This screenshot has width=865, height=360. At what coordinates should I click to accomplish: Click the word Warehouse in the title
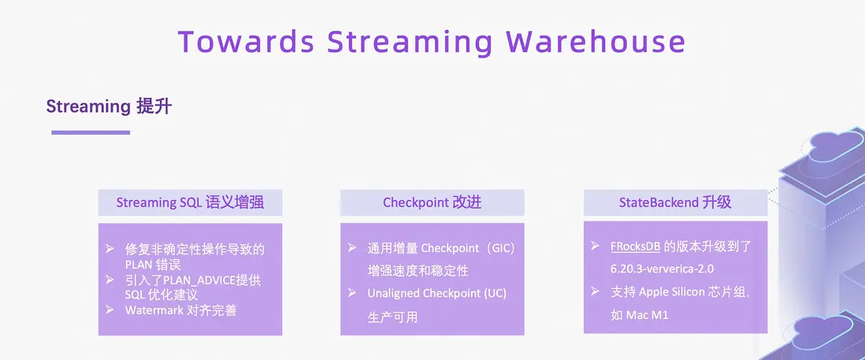(x=596, y=42)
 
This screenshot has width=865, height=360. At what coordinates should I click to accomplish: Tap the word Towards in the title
(x=247, y=42)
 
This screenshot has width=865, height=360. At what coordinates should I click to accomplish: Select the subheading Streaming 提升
(x=109, y=106)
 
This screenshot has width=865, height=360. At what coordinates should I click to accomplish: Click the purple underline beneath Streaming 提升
(x=91, y=132)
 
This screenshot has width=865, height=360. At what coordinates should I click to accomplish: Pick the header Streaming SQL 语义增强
(x=190, y=203)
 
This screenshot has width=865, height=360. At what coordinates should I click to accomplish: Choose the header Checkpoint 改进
(x=432, y=203)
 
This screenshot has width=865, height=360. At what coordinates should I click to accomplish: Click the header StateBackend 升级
(x=675, y=202)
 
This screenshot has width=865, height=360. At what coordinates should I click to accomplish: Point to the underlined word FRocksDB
(x=636, y=247)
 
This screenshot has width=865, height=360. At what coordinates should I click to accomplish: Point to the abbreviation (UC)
(x=495, y=294)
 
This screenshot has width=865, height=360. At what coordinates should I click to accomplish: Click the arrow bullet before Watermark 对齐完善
(x=110, y=310)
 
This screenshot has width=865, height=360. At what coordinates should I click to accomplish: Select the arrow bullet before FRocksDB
(x=595, y=246)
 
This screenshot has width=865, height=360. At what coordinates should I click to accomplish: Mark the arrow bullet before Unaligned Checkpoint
(x=352, y=293)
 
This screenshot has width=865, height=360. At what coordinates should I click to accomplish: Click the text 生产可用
(x=392, y=317)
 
